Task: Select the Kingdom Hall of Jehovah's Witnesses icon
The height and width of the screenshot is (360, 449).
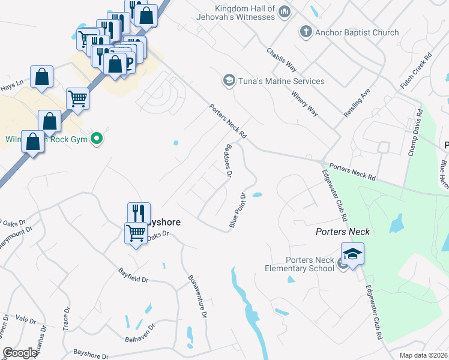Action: pyautogui.click(x=285, y=11)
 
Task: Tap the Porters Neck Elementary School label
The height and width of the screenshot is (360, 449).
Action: pyautogui.click(x=300, y=264)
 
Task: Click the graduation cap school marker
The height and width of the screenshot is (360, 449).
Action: pyautogui.click(x=353, y=253)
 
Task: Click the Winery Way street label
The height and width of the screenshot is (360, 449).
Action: pyautogui.click(x=304, y=103)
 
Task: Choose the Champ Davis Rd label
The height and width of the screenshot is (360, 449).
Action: pyautogui.click(x=414, y=136)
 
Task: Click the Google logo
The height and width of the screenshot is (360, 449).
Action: pyautogui.click(x=20, y=353)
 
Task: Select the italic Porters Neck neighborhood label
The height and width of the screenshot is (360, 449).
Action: pyautogui.click(x=340, y=232)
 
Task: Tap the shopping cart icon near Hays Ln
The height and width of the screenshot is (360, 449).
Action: pyautogui.click(x=77, y=98)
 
